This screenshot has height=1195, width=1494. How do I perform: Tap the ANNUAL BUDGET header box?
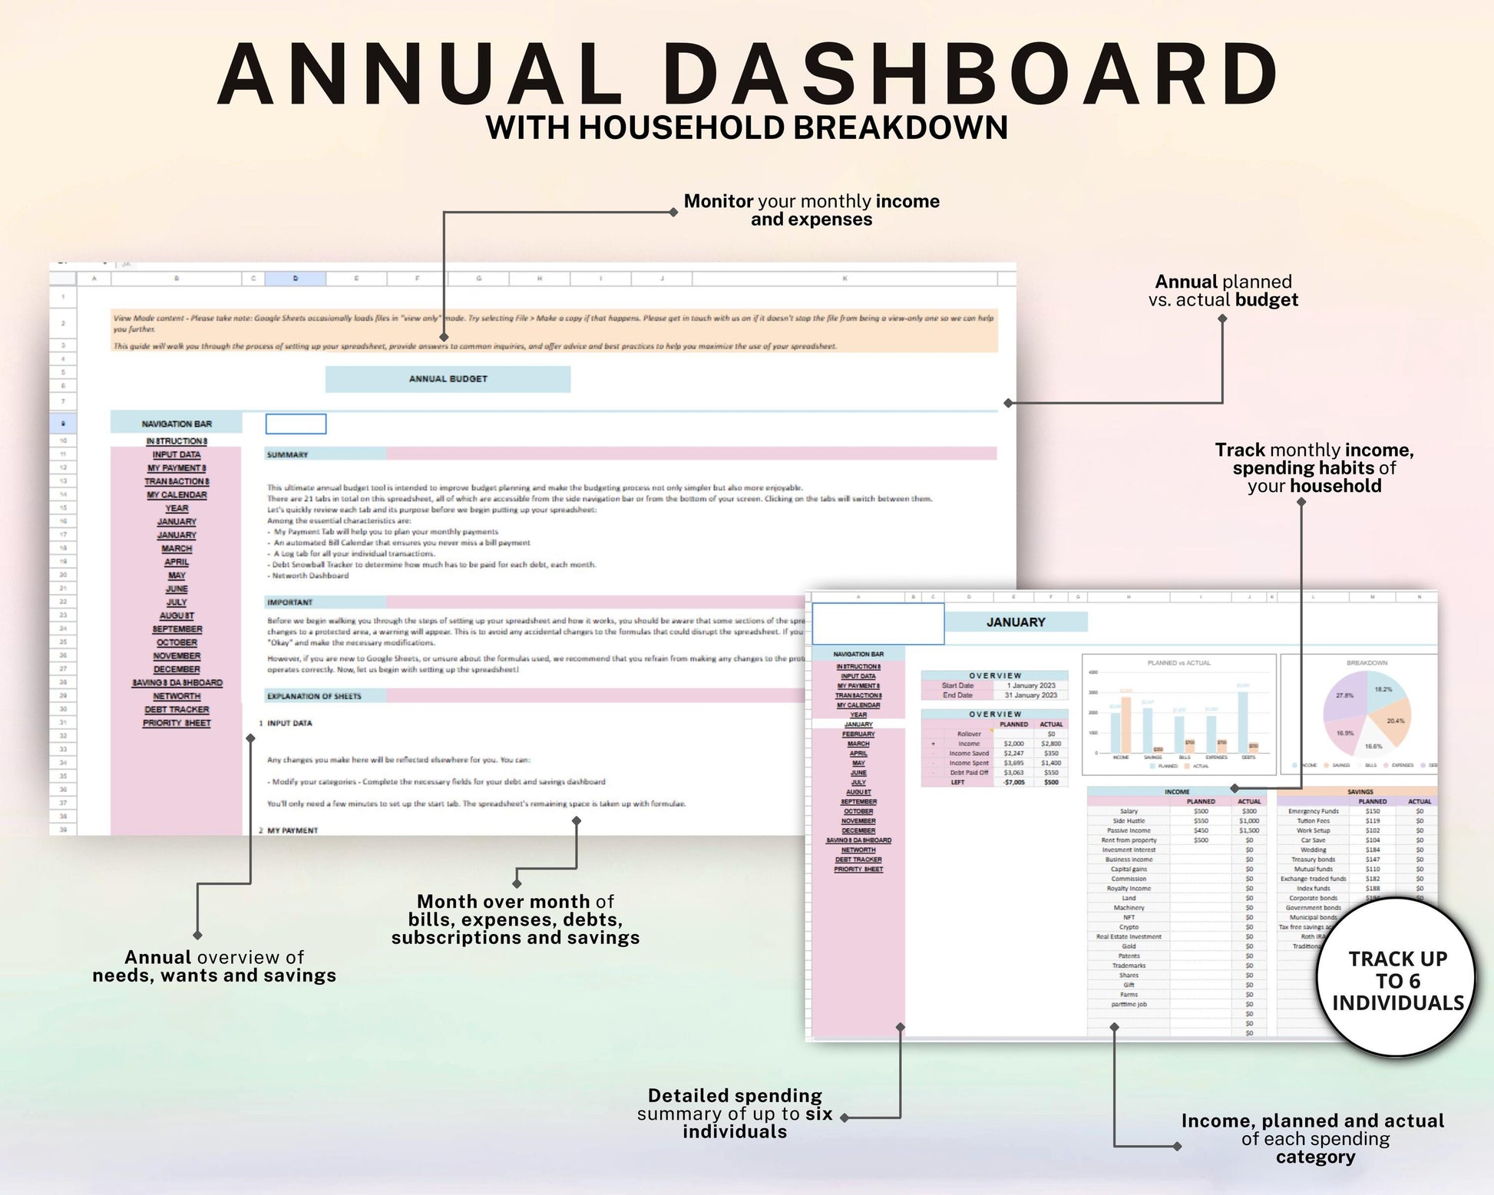coord(448,379)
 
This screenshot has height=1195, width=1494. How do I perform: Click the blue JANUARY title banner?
coord(1015,622)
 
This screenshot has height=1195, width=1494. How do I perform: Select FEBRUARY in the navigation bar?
coord(858,734)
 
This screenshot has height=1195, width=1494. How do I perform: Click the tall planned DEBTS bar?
coord(1242,721)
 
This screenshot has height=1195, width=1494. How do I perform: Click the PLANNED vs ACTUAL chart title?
coord(1178,662)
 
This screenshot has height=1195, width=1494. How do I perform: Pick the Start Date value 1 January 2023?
coord(1030,685)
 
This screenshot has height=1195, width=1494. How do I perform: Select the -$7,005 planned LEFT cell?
coord(1013,782)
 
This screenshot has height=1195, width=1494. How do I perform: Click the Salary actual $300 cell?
coord(1249,811)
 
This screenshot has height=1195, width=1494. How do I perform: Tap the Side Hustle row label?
coord(1129,821)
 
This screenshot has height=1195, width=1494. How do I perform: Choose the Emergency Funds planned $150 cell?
coord(1372,811)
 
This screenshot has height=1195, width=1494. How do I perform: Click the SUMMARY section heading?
coord(287,455)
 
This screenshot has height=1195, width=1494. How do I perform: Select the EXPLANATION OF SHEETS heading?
coord(314,696)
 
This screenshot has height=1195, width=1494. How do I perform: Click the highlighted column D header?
coord(295,279)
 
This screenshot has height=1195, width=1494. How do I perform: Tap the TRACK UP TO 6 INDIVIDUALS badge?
coord(1396,980)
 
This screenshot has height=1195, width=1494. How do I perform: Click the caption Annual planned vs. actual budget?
coord(1222,291)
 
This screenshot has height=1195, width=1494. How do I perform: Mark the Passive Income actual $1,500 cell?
coord(1248,830)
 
